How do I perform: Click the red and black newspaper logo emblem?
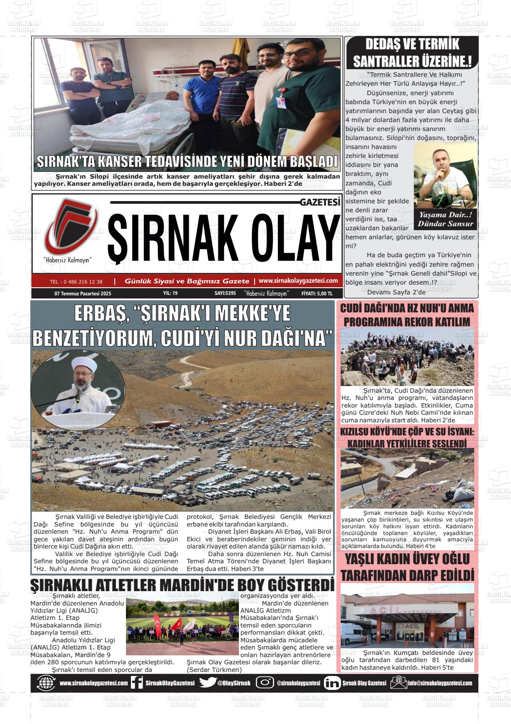tap(70, 227)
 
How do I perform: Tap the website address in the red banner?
tap(298, 281)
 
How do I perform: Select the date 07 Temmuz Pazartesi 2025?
tap(82, 293)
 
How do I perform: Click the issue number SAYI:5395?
tap(225, 293)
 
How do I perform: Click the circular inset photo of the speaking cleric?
tap(78, 388)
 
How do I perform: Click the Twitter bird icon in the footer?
tap(208, 683)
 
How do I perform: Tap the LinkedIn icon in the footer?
tap(332, 683)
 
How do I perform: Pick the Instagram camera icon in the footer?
tap(264, 683)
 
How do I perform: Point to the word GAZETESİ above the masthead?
tap(320, 202)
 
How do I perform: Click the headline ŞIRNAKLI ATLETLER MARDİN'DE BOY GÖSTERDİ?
tap(182, 585)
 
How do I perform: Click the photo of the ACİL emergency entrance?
tap(407, 615)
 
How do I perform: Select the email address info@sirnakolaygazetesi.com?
tap(440, 683)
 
